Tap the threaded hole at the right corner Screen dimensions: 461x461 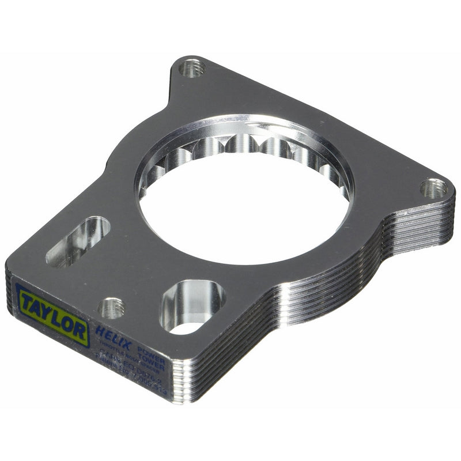(x=433, y=188)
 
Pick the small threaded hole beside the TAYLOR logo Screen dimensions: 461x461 (x=112, y=308)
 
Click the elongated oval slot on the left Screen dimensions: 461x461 (x=78, y=242)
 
